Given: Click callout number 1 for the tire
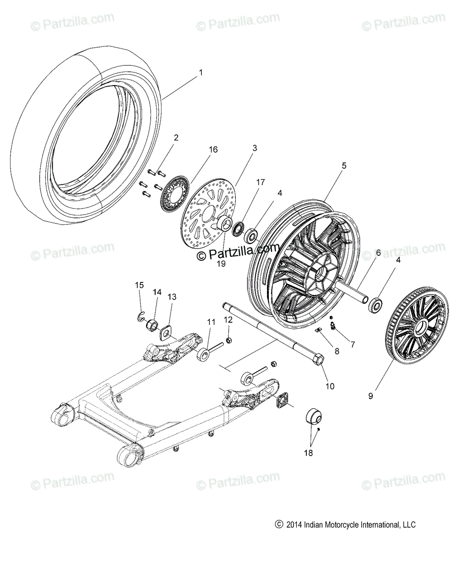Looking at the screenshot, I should pos(201,73).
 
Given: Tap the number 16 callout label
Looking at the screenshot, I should pos(213,150).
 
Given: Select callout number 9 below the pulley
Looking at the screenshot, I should pos(370,396).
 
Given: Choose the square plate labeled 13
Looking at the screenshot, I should pos(166,333).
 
